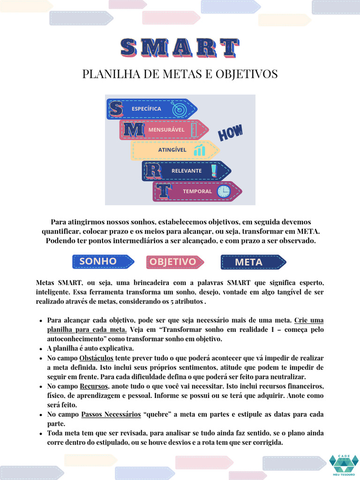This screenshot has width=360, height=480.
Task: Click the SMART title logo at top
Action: [x=180, y=48]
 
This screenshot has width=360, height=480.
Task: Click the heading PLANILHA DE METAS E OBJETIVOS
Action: [x=180, y=74]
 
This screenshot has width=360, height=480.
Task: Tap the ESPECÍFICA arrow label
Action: [x=146, y=109]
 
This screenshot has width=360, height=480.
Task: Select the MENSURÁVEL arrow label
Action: [x=166, y=129]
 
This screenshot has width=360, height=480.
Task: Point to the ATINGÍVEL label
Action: [x=172, y=150]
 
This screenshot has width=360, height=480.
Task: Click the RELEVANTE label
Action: [x=186, y=171]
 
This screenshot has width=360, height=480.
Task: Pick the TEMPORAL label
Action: [x=197, y=191]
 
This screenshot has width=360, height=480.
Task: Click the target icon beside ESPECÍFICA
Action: [x=179, y=109]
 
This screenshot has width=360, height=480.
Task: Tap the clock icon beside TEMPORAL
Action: [x=224, y=191]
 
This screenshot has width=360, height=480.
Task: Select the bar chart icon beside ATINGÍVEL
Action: [x=200, y=150]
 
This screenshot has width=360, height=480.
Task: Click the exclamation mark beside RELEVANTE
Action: [x=214, y=170]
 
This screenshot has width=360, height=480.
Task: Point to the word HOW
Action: [x=231, y=133]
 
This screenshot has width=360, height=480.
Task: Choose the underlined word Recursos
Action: [x=94, y=386]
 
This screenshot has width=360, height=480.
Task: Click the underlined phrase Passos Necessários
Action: [x=111, y=414]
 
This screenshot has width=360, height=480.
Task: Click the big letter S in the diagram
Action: [x=115, y=109]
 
